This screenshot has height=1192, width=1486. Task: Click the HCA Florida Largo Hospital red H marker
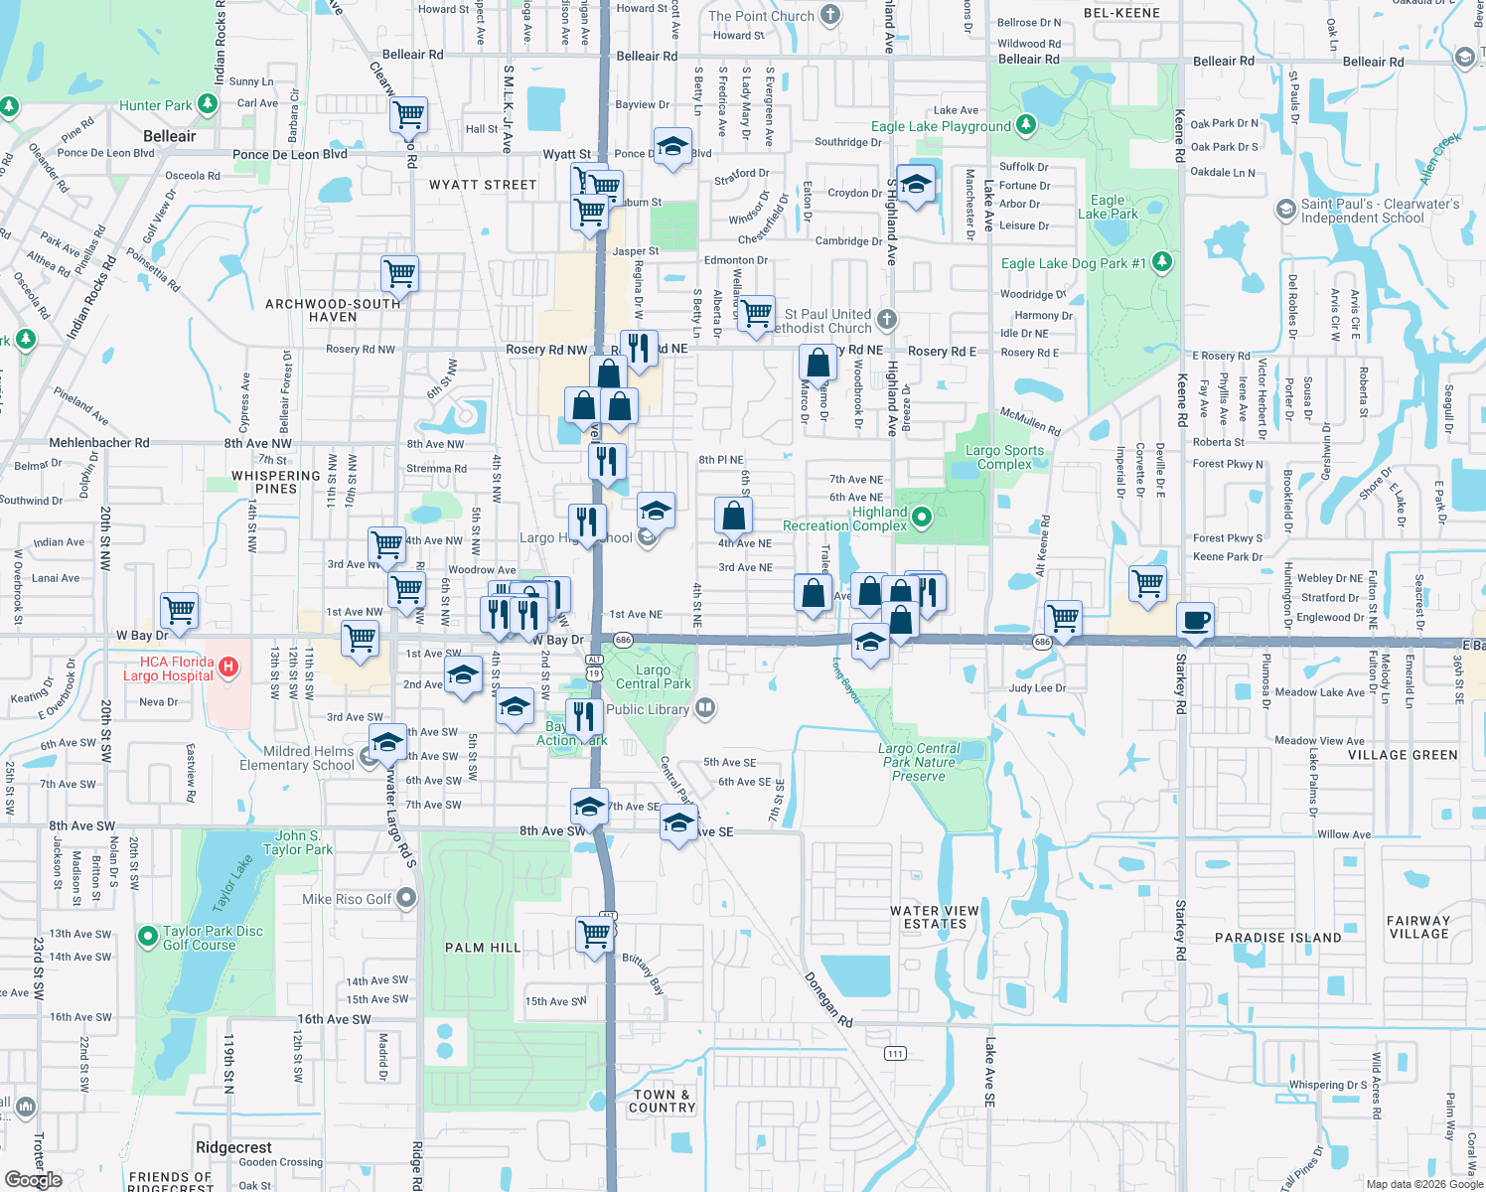tap(227, 667)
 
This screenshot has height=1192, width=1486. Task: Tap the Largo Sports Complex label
tap(1004, 457)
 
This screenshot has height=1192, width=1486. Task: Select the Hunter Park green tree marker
tap(207, 103)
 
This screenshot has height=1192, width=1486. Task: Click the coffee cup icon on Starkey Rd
tap(1196, 620)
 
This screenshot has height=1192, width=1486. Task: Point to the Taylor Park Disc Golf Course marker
tap(148, 936)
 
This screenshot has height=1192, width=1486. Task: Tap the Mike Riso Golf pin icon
tap(406, 898)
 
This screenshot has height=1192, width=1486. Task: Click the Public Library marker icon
tap(704, 708)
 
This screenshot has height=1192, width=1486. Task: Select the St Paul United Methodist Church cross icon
tap(887, 319)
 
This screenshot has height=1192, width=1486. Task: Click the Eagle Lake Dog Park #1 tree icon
tap(1161, 262)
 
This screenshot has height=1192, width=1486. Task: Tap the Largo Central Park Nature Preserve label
tap(919, 762)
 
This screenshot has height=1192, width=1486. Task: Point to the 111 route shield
tap(895, 1053)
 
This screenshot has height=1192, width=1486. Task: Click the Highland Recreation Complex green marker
tap(921, 517)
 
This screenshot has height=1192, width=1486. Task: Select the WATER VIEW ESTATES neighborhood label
tap(935, 917)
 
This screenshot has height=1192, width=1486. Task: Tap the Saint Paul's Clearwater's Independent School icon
tap(1285, 210)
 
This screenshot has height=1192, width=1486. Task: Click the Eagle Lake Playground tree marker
tap(1026, 125)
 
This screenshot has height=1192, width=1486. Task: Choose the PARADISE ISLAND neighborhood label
tap(1277, 938)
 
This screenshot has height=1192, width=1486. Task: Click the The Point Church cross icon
tap(830, 15)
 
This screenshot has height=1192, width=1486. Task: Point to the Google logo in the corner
tap(33, 1179)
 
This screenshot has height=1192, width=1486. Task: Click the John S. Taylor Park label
tap(298, 842)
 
